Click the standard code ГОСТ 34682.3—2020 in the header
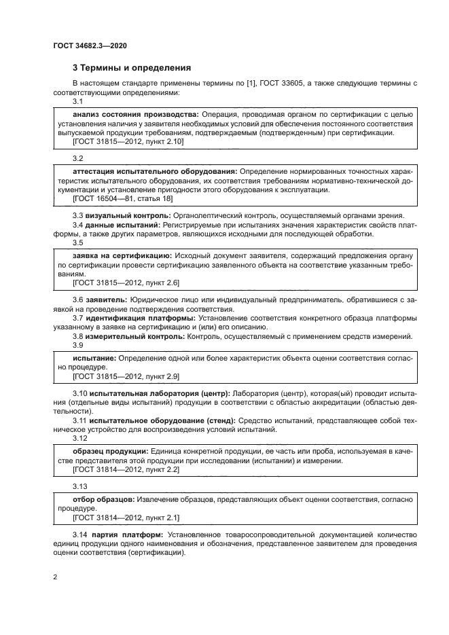click(90, 46)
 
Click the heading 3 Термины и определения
click(132, 68)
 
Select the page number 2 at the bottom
click(55, 577)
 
